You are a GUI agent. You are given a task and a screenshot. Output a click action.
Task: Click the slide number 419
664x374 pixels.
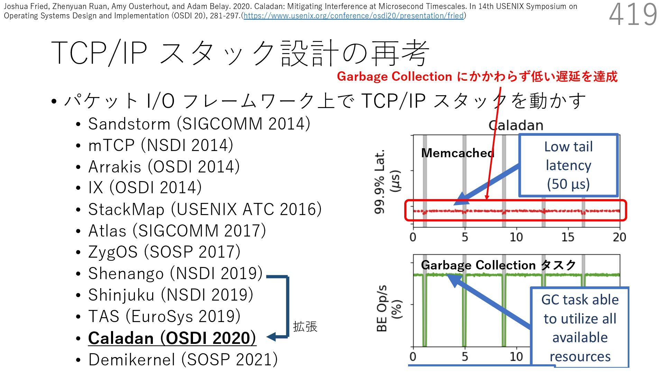[633, 15]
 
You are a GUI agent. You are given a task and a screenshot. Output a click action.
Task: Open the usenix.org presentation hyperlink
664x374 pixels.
[353, 16]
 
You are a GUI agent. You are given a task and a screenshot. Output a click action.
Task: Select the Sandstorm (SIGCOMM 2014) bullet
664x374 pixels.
[199, 124]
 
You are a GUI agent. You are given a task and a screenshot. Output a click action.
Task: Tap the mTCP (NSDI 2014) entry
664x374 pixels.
[160, 145]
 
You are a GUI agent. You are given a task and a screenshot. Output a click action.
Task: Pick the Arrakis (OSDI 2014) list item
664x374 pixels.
[164, 167]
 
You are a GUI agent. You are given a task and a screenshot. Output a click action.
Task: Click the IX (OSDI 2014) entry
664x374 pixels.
[145, 188]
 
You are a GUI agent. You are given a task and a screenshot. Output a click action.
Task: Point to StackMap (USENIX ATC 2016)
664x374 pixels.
[205, 209]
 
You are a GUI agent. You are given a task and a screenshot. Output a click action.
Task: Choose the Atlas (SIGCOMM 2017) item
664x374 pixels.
[177, 231]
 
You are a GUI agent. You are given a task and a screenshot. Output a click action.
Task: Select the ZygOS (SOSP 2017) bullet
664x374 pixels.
[164, 252]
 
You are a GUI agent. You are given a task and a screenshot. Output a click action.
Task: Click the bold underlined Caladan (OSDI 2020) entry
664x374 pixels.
[172, 338]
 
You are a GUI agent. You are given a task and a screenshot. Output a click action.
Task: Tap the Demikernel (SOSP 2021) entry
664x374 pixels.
[183, 359]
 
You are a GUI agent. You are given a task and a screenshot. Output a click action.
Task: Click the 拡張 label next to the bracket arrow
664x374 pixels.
[305, 327]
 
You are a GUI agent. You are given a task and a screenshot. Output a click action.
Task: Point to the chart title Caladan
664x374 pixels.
[516, 125]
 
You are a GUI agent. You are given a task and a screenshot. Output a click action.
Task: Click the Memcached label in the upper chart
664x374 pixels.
[458, 153]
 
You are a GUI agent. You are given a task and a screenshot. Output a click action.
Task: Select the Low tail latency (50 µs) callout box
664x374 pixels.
[568, 166]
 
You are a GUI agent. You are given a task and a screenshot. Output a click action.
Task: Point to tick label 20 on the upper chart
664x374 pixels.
[619, 237]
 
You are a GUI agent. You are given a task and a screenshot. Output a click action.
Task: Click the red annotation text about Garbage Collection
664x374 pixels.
[477, 77]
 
